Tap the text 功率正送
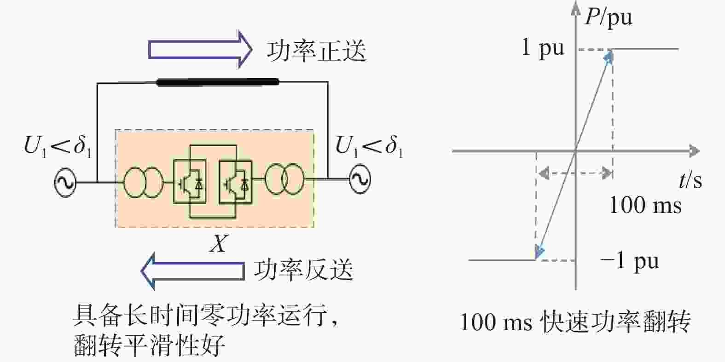point(316,51)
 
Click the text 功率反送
point(304,270)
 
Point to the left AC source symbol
point(65,182)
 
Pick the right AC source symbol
point(360,179)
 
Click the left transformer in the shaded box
point(143,182)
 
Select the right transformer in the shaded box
point(284,179)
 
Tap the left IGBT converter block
point(190,182)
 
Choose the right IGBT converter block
point(236,182)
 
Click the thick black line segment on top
point(217,82)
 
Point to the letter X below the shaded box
point(219,243)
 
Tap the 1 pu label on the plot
point(543,48)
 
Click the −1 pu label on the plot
point(630,261)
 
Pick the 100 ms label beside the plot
point(645,205)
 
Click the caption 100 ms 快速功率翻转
point(575,322)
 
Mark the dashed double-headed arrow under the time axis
point(575,173)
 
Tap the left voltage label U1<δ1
point(58,148)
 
